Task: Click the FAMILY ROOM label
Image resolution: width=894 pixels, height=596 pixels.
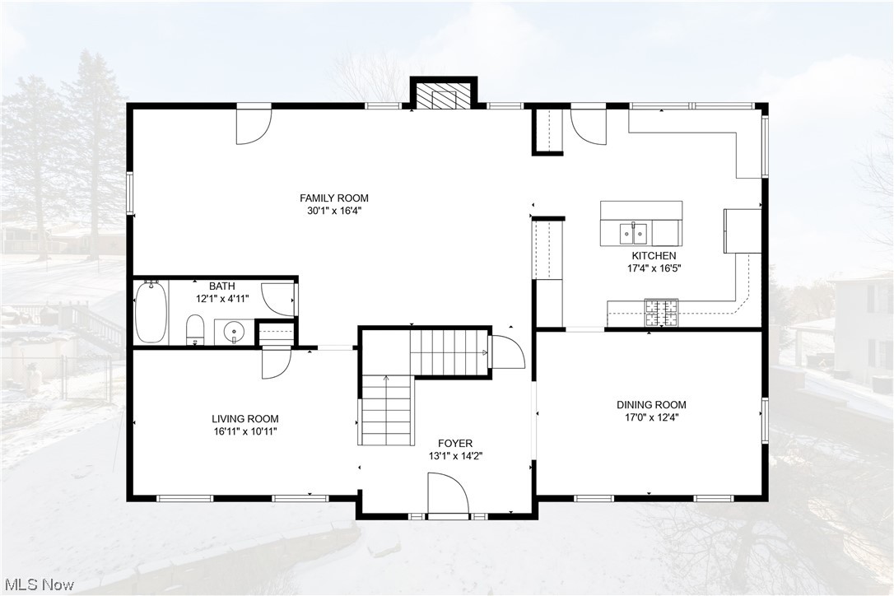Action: (x=333, y=198)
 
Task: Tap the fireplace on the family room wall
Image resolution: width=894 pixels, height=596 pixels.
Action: (x=445, y=95)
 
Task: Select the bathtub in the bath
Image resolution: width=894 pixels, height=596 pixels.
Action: (x=151, y=312)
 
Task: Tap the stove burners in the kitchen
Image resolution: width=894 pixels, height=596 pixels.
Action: (x=660, y=310)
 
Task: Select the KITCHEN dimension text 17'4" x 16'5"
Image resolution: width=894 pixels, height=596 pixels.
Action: (x=654, y=268)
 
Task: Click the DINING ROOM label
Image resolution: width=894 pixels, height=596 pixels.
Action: (x=651, y=404)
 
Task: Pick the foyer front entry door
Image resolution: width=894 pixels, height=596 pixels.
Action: (x=447, y=496)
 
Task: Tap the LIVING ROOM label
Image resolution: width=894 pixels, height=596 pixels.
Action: (x=244, y=418)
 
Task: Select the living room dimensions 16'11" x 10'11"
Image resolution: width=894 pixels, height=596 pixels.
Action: (x=244, y=431)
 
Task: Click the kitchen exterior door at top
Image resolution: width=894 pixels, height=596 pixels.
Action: (x=588, y=123)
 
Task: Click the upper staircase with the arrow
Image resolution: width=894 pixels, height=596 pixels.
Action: (x=449, y=352)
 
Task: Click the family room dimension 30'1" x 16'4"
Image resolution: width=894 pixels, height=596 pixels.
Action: (x=333, y=210)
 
